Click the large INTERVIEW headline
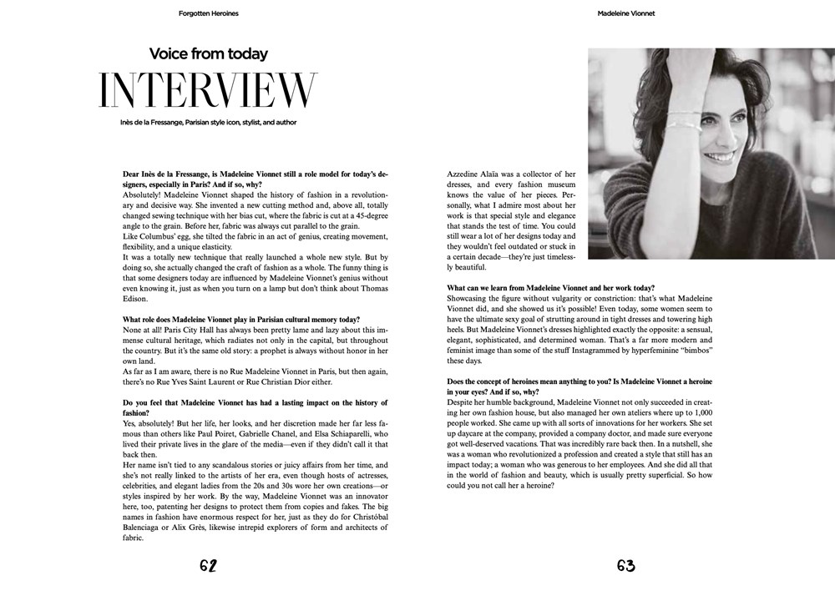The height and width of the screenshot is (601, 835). pos(208,91)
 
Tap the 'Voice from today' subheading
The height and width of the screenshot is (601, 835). pos(208,54)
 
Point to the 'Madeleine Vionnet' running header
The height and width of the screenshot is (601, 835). pos(626,13)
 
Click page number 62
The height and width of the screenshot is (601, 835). pos(208,566)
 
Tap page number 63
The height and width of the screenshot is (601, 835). pos(625,566)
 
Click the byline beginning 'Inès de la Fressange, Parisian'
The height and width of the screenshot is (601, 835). pos(208,123)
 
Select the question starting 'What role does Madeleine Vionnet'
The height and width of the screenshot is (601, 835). pos(241,320)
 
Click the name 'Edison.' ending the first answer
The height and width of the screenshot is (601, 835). pos(135,299)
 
